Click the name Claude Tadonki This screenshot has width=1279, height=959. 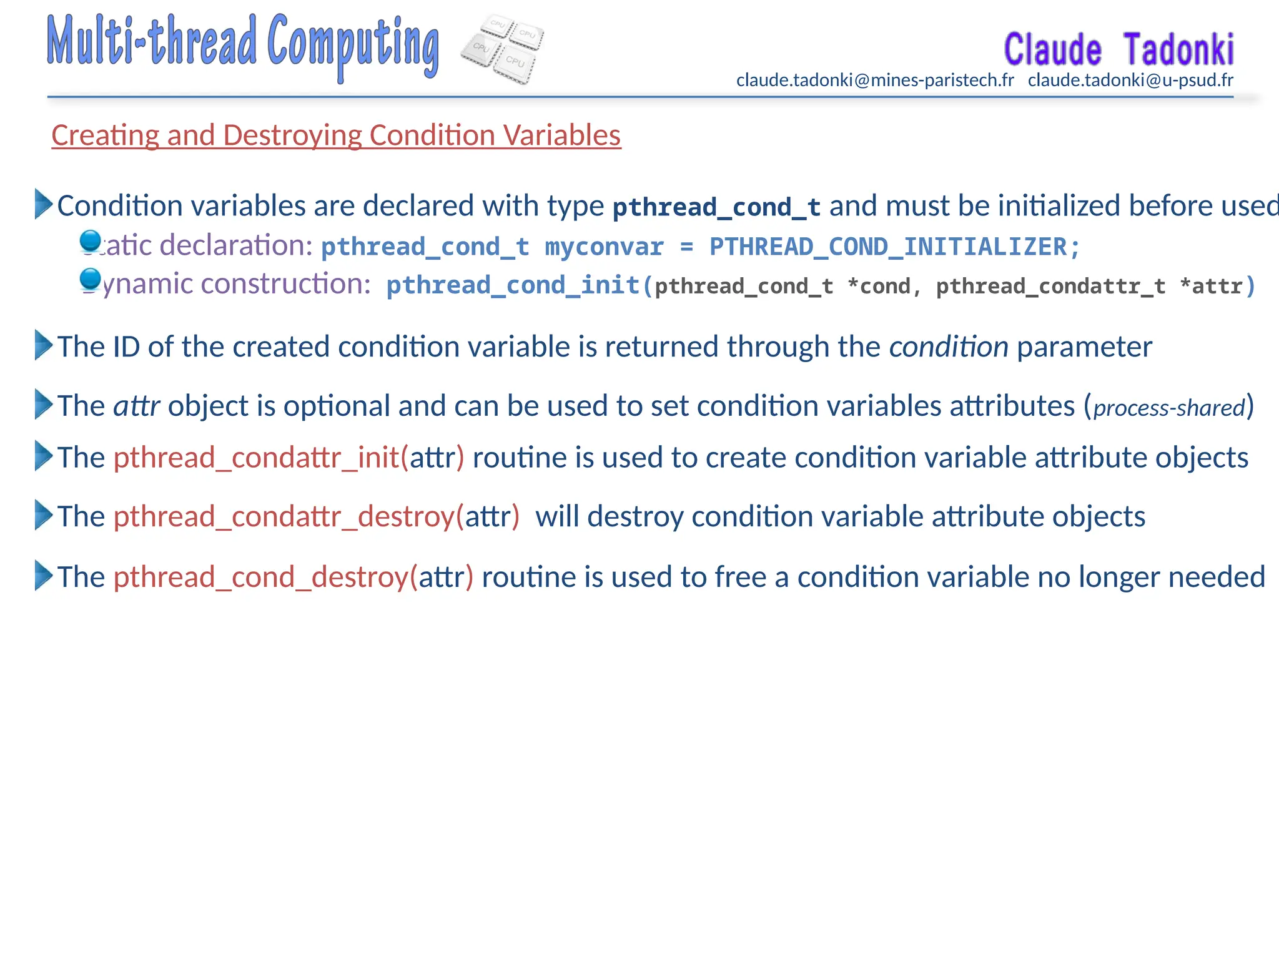1118,50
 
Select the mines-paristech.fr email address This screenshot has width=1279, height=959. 875,81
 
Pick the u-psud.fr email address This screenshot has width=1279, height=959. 1130,81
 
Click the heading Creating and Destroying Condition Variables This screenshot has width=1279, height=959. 336,135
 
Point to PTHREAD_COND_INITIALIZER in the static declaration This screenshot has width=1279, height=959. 888,247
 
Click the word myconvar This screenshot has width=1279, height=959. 604,247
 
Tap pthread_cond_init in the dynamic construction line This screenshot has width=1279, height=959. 512,285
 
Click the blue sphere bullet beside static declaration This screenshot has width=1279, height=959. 91,241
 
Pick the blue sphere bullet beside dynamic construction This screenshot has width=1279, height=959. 91,279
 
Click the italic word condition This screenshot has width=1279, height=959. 948,347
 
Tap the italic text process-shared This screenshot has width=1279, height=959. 1169,408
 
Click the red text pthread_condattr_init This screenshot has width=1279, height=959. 256,458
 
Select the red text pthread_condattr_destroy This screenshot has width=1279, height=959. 284,517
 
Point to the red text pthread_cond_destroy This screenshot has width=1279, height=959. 261,577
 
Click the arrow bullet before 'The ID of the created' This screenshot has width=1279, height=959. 43,345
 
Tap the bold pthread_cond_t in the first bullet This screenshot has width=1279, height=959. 716,207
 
